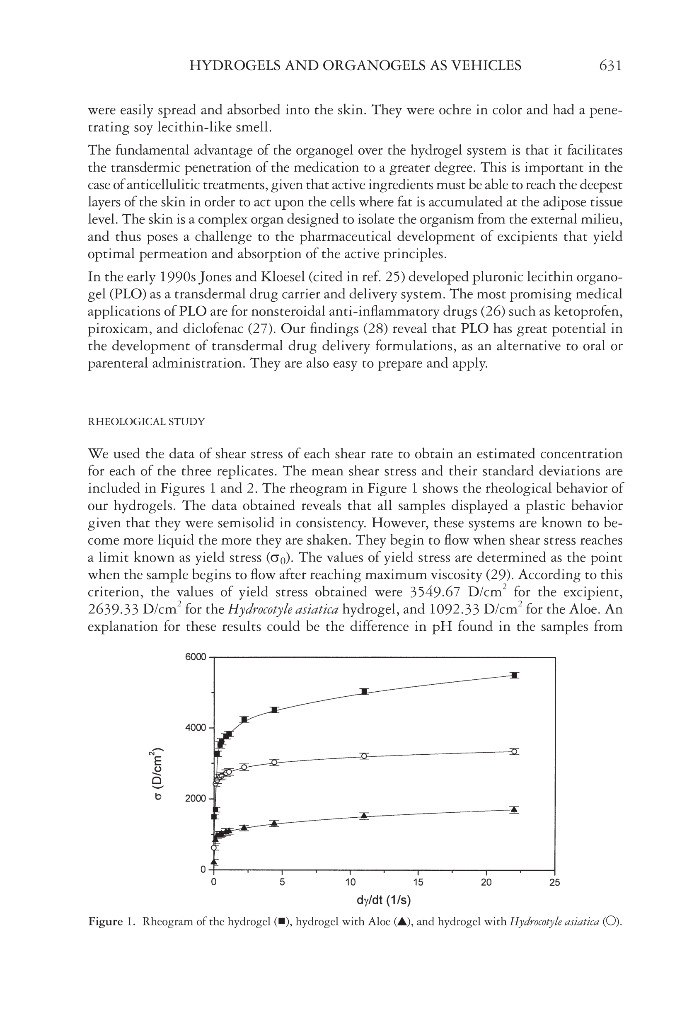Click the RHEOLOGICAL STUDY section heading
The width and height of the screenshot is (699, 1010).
click(146, 422)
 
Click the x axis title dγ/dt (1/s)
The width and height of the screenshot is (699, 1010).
click(384, 901)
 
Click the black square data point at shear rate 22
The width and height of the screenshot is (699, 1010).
click(515, 676)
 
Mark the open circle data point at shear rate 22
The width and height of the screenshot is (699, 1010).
click(515, 751)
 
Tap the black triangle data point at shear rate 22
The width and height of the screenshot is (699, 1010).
click(515, 809)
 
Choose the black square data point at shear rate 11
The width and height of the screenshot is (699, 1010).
click(364, 692)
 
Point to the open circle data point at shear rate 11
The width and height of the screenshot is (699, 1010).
click(364, 756)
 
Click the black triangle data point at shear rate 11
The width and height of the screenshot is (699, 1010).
click(364, 816)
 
